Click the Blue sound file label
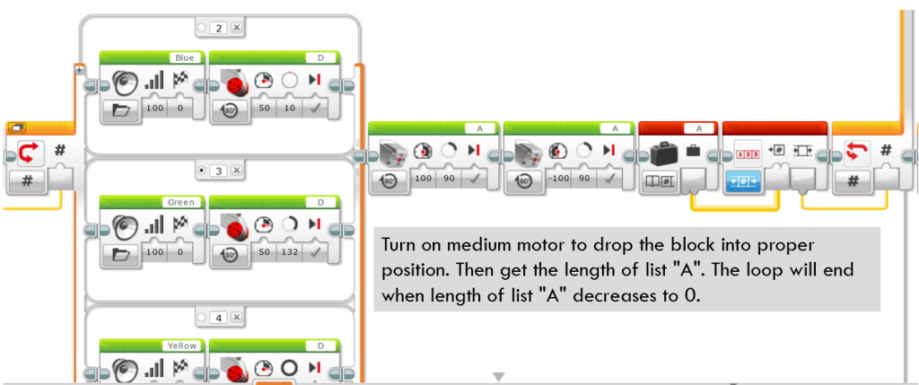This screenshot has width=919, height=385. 184,58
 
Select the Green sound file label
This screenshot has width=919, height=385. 181,202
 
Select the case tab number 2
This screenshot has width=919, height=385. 219,27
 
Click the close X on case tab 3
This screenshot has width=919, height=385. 236,171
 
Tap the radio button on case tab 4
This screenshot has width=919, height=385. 203,318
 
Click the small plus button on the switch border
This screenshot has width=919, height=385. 80,70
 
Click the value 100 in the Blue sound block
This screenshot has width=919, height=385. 153,109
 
